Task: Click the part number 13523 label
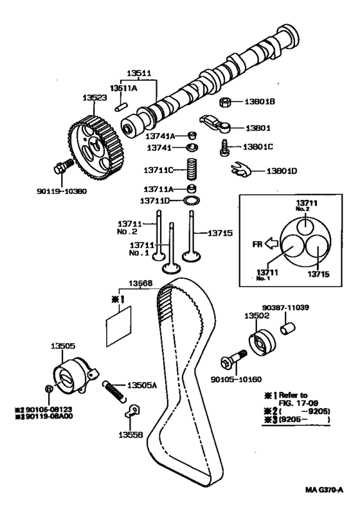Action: coord(94,98)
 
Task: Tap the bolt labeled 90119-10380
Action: coord(63,166)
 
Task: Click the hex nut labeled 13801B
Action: coord(226,102)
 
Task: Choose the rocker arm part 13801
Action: coord(215,124)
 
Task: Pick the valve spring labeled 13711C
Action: coord(191,169)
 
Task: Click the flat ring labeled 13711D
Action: coord(192,200)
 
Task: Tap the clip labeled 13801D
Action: coord(240,170)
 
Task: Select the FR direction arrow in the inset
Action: coord(271,244)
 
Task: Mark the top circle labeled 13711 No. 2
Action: coord(305,224)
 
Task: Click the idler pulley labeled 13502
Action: coord(262,343)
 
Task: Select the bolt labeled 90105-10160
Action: coord(234,359)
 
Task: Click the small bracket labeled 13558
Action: coord(132,411)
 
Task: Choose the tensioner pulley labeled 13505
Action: coord(75,377)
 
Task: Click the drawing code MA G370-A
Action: coord(324,490)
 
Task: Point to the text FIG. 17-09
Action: coord(298,403)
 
